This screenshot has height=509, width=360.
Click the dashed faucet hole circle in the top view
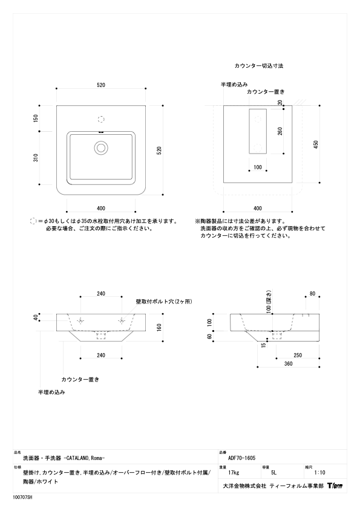pyautogui.click(x=101, y=119)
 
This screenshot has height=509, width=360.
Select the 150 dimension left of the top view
pyautogui.click(x=36, y=118)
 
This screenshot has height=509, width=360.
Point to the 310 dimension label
pyautogui.click(x=36, y=158)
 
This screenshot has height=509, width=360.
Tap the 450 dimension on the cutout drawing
pyautogui.click(x=316, y=144)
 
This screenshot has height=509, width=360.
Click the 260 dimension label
pyautogui.click(x=280, y=131)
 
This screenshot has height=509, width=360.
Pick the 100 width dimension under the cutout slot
pyautogui.click(x=258, y=167)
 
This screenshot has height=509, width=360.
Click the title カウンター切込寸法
pyautogui.click(x=259, y=66)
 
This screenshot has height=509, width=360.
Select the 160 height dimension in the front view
pyautogui.click(x=159, y=328)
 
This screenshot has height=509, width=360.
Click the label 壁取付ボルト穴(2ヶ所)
pyautogui.click(x=164, y=302)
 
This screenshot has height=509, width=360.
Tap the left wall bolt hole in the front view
pyautogui.click(x=80, y=321)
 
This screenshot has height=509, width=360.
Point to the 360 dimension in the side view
pyautogui.click(x=289, y=364)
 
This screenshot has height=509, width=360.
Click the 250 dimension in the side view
pyautogui.click(x=298, y=355)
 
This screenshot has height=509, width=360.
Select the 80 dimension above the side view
pyautogui.click(x=312, y=294)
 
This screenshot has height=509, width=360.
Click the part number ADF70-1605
pyautogui.click(x=242, y=458)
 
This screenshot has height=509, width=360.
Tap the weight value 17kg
pyautogui.click(x=234, y=473)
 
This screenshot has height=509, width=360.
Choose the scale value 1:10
pyautogui.click(x=319, y=473)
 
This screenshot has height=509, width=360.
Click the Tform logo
pyautogui.click(x=335, y=486)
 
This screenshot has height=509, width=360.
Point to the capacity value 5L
pyautogui.click(x=273, y=473)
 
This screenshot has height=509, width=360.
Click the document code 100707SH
pyautogui.click(x=23, y=498)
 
